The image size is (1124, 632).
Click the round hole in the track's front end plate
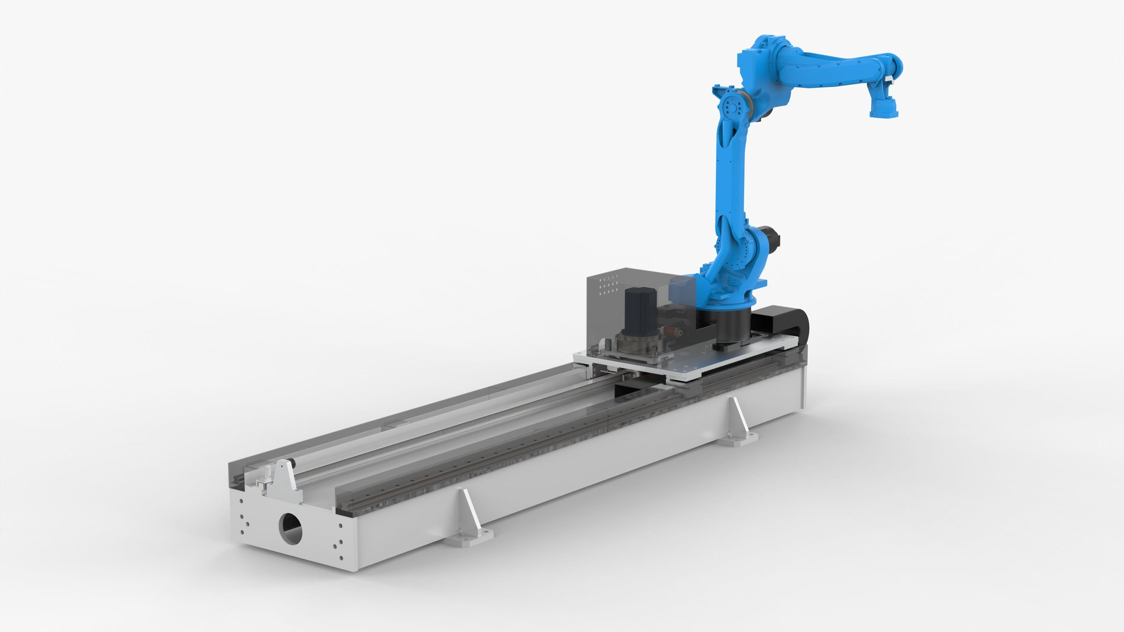(291, 528)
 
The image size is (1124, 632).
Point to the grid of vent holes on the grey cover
(609, 284)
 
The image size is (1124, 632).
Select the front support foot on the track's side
(468, 520)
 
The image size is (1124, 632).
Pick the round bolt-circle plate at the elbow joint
(732, 108)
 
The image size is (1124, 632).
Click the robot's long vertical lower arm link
(729, 176)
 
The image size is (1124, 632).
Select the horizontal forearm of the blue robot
(831, 67)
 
